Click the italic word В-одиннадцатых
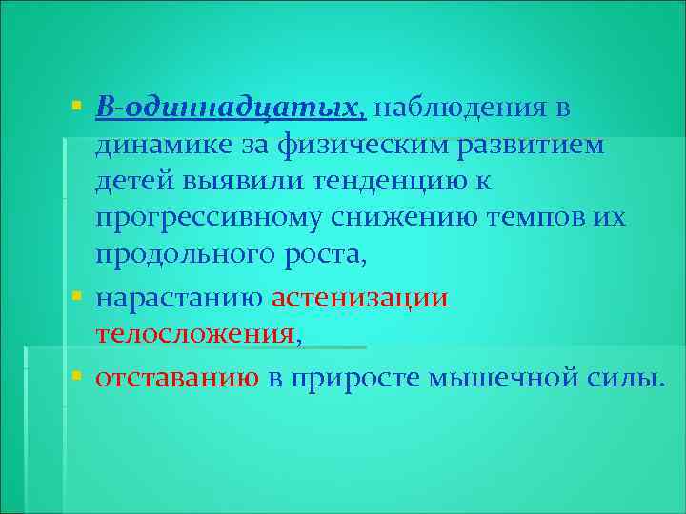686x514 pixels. [229, 108]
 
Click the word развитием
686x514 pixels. [532, 145]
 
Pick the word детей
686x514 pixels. [130, 181]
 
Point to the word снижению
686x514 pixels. [389, 218]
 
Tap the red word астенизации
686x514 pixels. [360, 298]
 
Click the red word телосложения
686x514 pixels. [196, 334]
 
